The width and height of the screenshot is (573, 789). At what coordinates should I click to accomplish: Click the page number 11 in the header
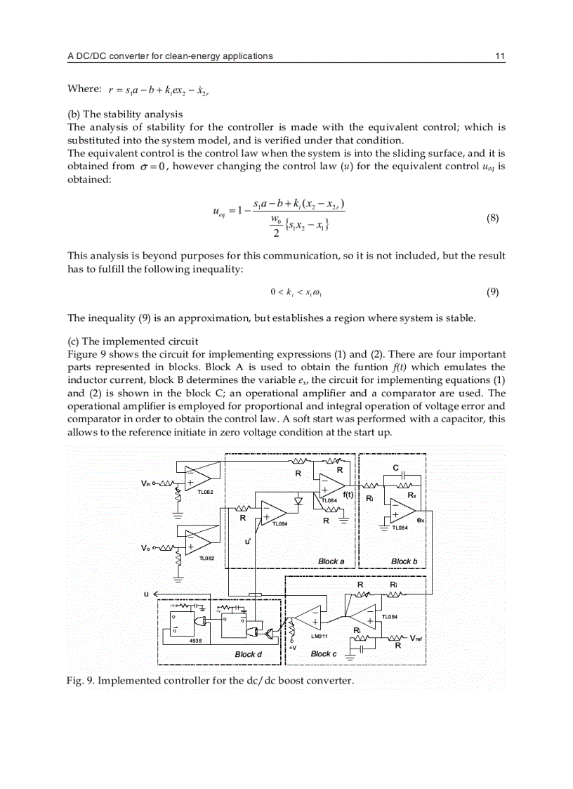pos(500,56)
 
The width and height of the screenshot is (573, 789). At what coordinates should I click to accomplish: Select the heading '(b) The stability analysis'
pos(124,114)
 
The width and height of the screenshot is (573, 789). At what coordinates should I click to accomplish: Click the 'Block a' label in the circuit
pos(331,561)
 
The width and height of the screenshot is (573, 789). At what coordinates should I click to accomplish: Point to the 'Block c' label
pos(323,653)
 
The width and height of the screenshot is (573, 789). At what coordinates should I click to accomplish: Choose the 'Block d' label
pos(248,654)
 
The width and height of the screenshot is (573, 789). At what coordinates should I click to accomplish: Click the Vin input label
pos(147,483)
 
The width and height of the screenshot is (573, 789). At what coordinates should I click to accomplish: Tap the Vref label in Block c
pos(416,638)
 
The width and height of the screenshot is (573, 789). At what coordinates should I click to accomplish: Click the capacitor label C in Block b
pos(395,467)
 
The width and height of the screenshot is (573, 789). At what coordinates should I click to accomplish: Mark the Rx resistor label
pos(412,495)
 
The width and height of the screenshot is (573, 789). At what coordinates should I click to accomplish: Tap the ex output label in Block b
pos(420,521)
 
